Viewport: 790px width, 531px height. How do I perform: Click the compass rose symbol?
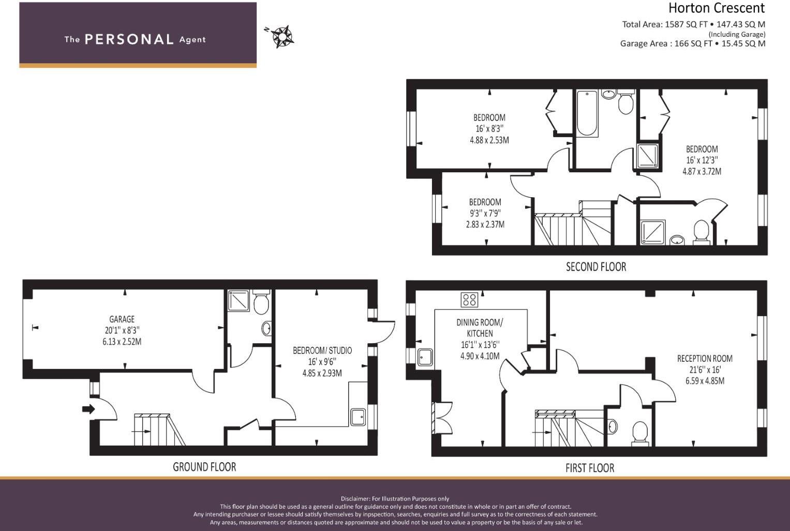[282, 36]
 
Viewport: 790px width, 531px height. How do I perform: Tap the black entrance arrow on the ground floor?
[88, 409]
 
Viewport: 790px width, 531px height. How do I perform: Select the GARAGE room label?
[122, 319]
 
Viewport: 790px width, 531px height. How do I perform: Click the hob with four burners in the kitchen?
[469, 300]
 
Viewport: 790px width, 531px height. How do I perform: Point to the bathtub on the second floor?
[587, 113]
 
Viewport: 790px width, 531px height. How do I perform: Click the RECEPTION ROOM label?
[705, 359]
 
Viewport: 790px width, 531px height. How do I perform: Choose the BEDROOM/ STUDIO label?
[322, 350]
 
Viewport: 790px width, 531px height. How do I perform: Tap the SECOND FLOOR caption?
[596, 267]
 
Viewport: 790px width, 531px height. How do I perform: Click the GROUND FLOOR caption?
[204, 467]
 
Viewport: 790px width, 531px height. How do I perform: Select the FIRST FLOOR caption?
[590, 468]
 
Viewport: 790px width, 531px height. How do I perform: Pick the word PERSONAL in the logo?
[129, 39]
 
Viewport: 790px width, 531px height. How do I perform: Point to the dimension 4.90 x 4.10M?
[480, 356]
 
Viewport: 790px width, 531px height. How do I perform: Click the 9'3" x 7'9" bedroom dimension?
[485, 213]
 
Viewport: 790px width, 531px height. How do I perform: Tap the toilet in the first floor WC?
[640, 433]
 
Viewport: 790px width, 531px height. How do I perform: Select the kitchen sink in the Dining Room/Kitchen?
[425, 358]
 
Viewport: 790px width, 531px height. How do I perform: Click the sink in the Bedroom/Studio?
[359, 417]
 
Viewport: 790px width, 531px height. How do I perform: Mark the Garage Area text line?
[693, 43]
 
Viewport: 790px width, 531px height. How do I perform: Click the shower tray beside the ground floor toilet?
[239, 301]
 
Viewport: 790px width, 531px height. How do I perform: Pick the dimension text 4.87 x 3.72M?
[702, 171]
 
